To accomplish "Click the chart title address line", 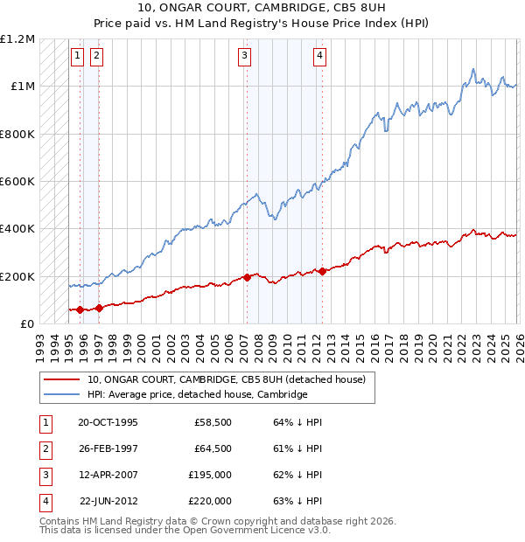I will [262, 10].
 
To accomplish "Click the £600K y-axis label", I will [17, 182].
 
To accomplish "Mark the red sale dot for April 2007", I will [247, 277].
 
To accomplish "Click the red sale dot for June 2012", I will [322, 271].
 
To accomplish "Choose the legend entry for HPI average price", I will [197, 394].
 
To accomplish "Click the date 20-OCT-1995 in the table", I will [108, 422].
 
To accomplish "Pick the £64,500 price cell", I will [212, 448].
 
